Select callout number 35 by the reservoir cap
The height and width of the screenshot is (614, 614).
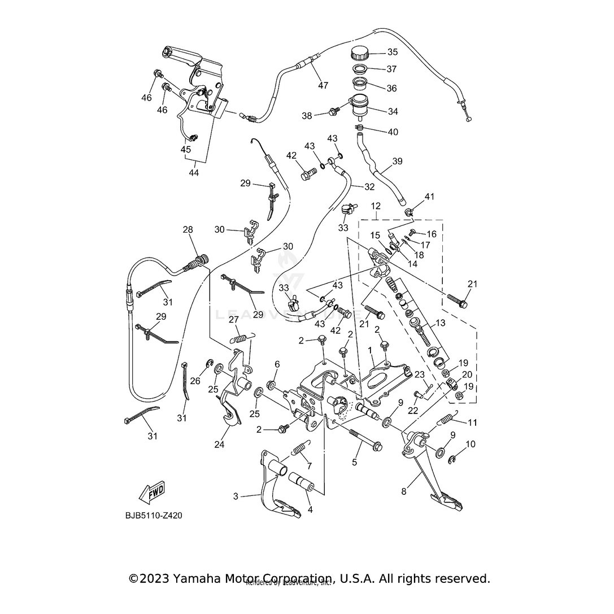click(x=392, y=52)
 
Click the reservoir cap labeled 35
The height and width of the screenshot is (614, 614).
click(x=359, y=54)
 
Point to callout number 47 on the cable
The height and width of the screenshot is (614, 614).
click(x=323, y=86)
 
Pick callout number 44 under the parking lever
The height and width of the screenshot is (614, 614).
click(x=194, y=172)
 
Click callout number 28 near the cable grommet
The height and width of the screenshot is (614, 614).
click(x=188, y=229)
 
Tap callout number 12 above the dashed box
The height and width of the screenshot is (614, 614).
click(x=376, y=207)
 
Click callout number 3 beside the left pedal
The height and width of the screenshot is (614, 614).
click(x=236, y=497)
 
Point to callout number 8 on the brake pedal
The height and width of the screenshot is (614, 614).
click(x=404, y=491)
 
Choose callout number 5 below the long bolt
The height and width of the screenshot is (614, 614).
click(x=354, y=462)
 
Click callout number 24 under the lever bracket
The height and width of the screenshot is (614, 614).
click(x=219, y=445)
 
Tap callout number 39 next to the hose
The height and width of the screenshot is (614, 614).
click(x=397, y=161)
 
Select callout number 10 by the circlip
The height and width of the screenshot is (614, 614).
click(x=471, y=445)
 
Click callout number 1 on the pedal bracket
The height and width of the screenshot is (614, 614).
click(x=370, y=350)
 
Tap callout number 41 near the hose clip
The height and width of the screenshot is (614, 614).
click(x=430, y=197)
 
